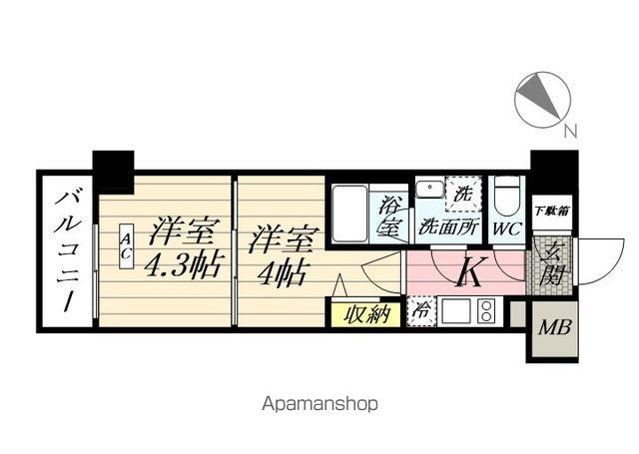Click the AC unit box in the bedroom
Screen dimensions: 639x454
127,245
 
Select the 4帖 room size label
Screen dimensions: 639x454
282,272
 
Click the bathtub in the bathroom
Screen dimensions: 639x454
350,214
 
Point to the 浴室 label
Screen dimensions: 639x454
388,216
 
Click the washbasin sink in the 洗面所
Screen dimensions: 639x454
430,190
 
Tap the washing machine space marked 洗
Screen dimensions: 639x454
463,194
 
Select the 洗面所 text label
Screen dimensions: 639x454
448,227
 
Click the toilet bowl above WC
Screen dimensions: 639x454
506,196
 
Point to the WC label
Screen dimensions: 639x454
506,228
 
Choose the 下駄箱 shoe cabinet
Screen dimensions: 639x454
552,212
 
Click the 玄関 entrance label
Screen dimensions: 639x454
550,264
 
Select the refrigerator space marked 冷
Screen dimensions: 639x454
421,311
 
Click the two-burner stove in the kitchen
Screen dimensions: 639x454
486,310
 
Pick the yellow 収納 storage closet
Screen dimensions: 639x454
365,314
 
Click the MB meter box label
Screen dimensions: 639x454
555,327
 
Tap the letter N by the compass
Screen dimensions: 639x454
571,131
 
